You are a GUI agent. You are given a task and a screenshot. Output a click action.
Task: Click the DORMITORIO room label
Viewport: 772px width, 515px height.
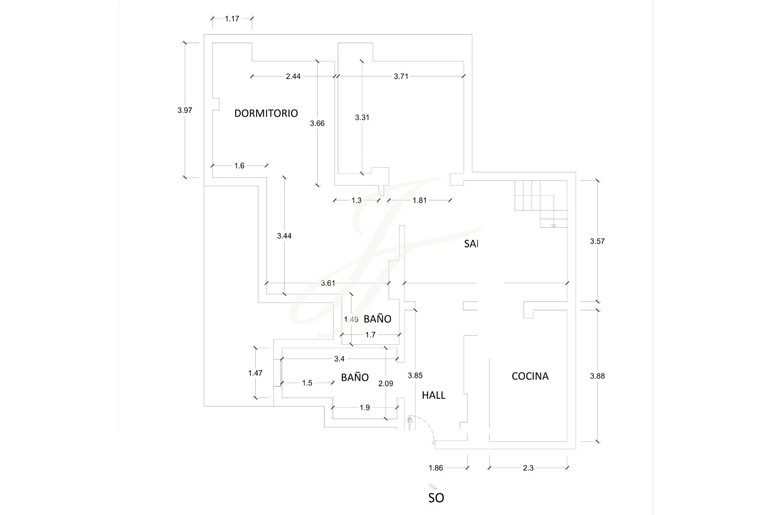[x=266, y=113]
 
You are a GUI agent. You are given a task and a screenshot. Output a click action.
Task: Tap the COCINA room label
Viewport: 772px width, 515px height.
[x=530, y=376]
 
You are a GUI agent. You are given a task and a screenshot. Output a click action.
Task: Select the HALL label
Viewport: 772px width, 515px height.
[x=433, y=396]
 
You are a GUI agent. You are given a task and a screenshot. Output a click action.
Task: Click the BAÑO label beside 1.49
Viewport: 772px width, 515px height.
[x=377, y=319]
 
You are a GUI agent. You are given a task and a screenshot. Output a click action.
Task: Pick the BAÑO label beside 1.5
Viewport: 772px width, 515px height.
[x=355, y=377]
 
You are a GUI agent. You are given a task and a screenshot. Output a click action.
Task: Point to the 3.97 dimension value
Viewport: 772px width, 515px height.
[x=185, y=110]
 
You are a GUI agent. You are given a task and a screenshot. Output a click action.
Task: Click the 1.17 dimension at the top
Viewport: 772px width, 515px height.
[x=232, y=19]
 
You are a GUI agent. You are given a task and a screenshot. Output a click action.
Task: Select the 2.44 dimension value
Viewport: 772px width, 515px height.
[x=293, y=76]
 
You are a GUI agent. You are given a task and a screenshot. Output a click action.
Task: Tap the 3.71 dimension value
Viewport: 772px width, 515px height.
[x=401, y=76]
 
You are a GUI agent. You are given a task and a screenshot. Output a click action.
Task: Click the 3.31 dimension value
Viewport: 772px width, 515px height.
[x=362, y=117]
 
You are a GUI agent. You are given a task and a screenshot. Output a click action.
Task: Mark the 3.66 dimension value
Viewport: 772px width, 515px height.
[x=317, y=124]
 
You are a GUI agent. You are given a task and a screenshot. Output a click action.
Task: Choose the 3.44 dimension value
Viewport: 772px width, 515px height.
[x=284, y=236]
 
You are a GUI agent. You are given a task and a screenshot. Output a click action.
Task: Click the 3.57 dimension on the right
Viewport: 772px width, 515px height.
[x=597, y=241]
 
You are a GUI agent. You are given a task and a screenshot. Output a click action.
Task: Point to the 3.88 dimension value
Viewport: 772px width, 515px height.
[x=597, y=376]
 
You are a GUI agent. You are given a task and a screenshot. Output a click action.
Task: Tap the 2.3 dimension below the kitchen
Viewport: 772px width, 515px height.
[x=528, y=468]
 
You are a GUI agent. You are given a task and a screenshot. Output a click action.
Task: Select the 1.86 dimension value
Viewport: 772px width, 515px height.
[x=435, y=468]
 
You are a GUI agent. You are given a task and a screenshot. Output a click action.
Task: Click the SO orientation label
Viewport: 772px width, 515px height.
[x=436, y=498]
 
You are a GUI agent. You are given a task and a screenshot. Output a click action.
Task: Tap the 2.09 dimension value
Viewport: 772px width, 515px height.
[x=386, y=384]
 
